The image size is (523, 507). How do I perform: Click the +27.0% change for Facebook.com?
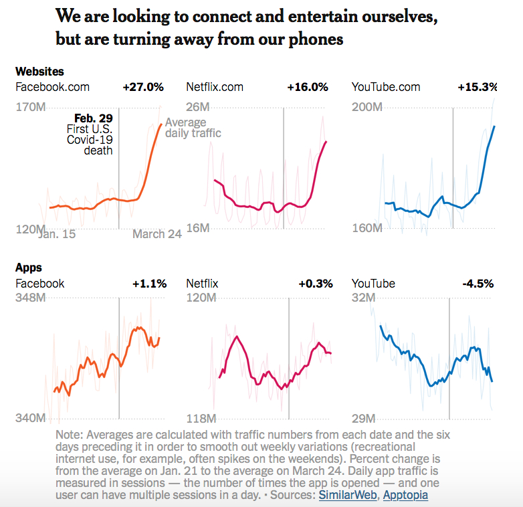tap(143, 87)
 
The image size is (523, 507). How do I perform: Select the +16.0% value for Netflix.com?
tap(308, 87)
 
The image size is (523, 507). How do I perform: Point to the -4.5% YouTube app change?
tap(478, 284)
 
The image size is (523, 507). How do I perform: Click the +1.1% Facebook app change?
tap(149, 284)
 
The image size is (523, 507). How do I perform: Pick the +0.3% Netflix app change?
tap(316, 284)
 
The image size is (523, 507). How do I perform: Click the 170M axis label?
tap(31, 107)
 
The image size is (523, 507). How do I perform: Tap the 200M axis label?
tap(367, 107)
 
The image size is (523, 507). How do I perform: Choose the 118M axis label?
tap(199, 419)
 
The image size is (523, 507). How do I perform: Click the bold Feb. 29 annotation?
tap(94, 118)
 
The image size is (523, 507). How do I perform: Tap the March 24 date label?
tap(157, 234)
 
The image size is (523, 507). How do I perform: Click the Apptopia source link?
tap(406, 495)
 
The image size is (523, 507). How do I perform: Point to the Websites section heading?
tap(39, 71)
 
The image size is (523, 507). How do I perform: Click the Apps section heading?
tap(29, 268)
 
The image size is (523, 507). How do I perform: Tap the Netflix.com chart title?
tap(215, 87)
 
